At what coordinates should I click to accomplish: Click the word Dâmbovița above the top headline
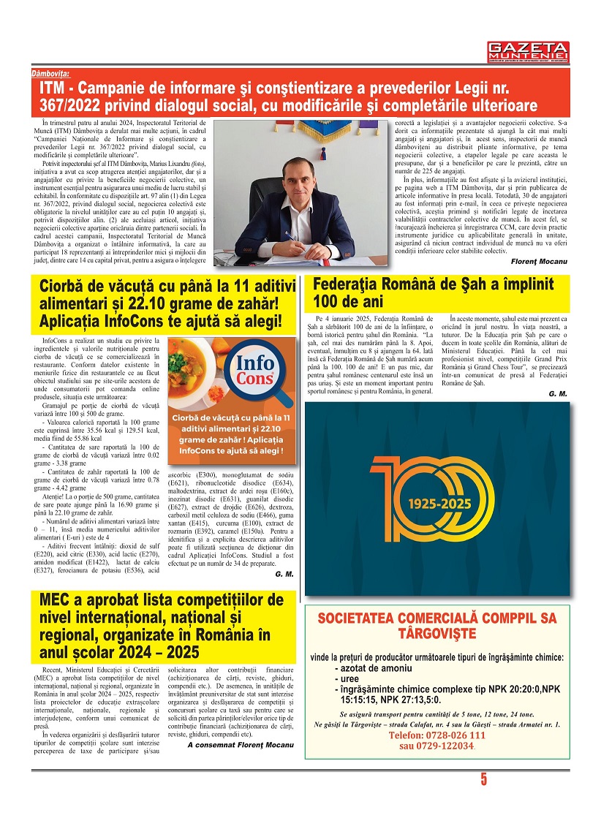(x=50, y=75)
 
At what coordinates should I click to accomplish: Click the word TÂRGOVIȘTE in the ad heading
(x=436, y=632)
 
